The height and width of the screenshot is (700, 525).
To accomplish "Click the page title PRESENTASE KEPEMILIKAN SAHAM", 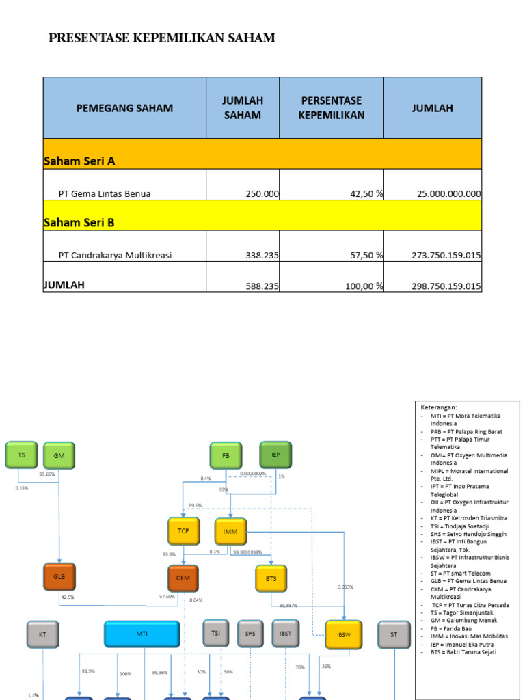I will (x=162, y=38).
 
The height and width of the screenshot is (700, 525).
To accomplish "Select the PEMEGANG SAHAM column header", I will (x=124, y=108).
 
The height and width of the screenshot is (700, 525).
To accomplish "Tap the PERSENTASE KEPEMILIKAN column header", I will (x=331, y=108).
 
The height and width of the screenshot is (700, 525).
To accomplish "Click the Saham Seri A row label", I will (x=79, y=161).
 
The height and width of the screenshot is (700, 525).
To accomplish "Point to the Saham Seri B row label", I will (x=79, y=222).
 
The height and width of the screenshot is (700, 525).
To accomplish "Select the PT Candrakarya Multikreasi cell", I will (x=115, y=255).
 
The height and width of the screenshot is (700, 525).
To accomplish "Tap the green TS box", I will (x=21, y=455).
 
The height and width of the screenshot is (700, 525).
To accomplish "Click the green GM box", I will (x=59, y=455).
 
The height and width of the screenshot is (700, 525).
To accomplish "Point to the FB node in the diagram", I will (x=226, y=455).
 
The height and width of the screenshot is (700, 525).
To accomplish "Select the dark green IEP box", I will (x=275, y=455).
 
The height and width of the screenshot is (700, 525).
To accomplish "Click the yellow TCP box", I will (x=183, y=531).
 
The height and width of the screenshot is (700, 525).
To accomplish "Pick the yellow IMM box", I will (x=230, y=531).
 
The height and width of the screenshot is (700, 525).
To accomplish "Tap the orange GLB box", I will (x=59, y=577).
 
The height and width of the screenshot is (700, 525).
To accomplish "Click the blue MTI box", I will (x=142, y=634).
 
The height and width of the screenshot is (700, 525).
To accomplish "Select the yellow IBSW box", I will (x=343, y=634).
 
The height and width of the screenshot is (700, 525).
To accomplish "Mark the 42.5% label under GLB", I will (x=67, y=597).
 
